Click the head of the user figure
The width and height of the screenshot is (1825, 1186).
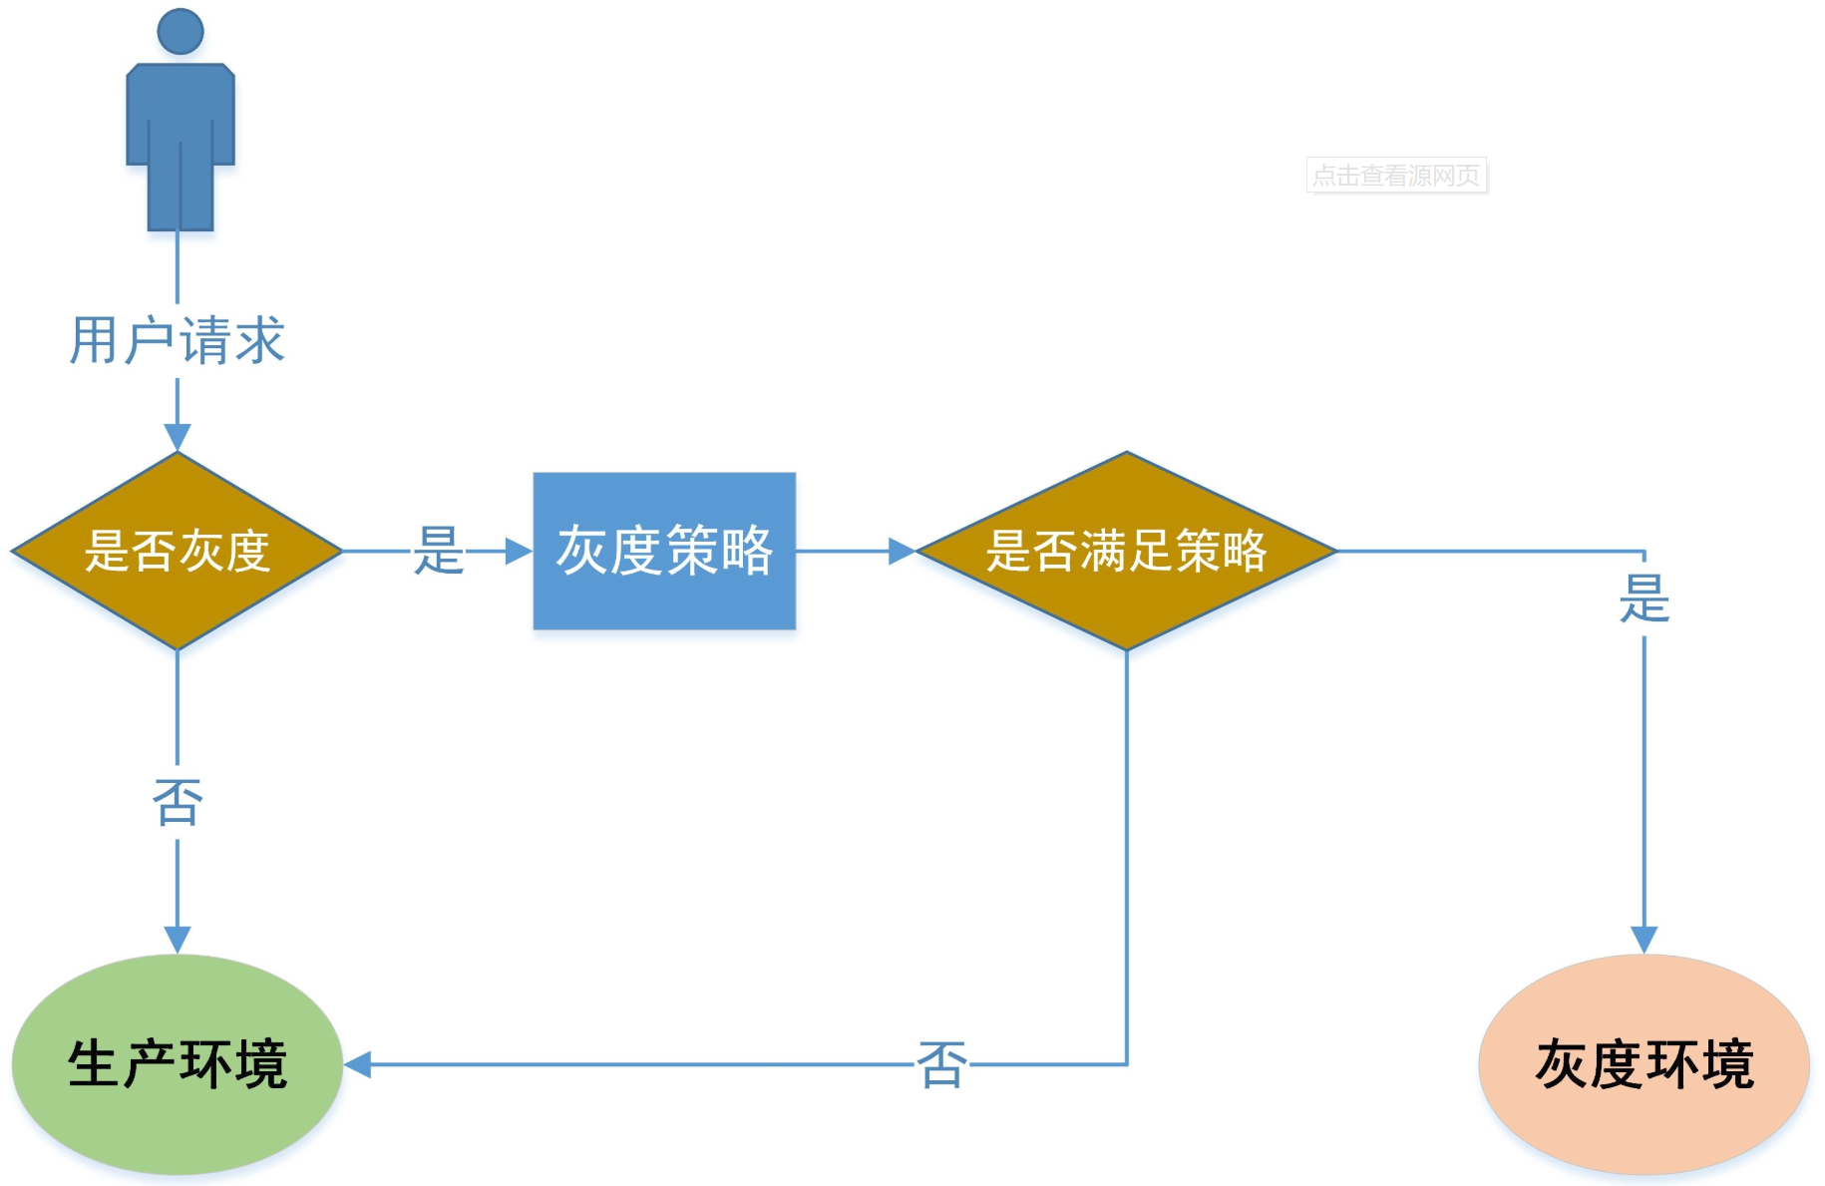[181, 32]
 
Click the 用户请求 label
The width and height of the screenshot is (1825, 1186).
[178, 340]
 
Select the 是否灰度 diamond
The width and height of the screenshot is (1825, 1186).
[178, 551]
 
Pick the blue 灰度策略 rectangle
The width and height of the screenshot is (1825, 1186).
[664, 551]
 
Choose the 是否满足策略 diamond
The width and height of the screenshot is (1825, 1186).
[1126, 551]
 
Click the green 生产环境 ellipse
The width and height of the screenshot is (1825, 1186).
[178, 1064]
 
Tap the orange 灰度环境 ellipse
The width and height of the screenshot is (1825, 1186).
[1643, 1064]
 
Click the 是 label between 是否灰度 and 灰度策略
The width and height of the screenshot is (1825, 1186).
[439, 551]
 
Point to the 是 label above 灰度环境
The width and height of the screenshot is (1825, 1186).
[1643, 598]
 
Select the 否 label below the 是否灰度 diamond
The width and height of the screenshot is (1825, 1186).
[178, 802]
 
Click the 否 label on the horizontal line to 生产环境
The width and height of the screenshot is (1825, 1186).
[941, 1064]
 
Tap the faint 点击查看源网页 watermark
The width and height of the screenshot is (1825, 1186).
[1396, 176]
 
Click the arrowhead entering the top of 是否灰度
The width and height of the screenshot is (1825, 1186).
[178, 438]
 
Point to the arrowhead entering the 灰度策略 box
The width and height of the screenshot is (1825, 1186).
[519, 551]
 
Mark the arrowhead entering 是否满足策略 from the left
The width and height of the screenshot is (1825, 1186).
[902, 551]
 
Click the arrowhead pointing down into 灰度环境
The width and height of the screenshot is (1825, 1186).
[1643, 940]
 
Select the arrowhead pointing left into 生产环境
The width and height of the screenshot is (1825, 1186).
[358, 1064]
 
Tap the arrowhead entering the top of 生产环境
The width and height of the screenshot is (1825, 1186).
[178, 940]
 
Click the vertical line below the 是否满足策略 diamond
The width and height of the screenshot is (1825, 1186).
[1127, 848]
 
